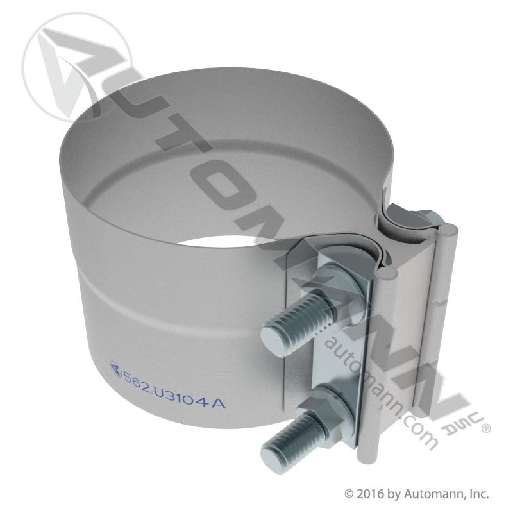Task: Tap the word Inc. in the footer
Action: point(478,494)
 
